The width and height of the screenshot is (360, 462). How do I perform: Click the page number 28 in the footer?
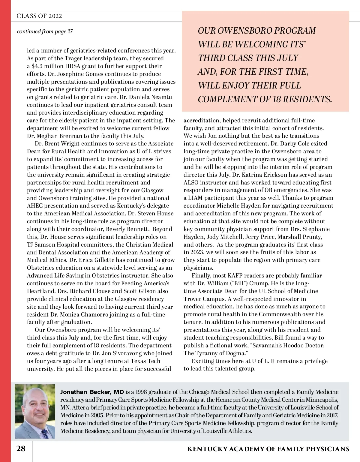(x=21, y=449)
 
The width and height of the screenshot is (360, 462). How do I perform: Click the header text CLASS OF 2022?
(x=39, y=16)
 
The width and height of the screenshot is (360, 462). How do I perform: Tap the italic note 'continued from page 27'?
(x=45, y=31)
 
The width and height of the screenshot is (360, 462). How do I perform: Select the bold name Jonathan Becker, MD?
(x=92, y=392)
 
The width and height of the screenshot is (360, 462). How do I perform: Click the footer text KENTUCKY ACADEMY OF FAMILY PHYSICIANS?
(x=268, y=449)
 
